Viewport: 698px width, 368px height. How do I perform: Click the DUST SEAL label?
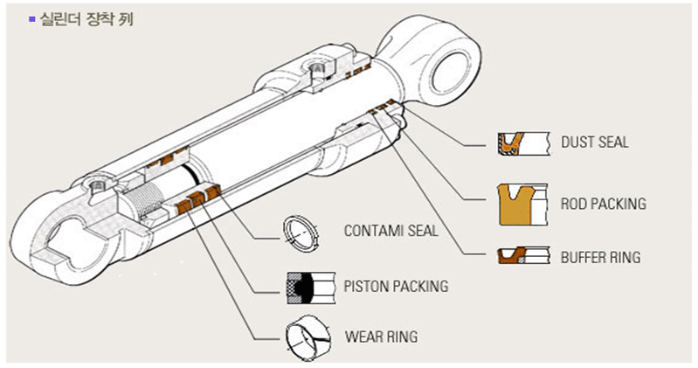tap(594, 142)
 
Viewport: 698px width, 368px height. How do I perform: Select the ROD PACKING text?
tap(603, 205)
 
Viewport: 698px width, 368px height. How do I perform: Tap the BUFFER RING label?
tap(600, 258)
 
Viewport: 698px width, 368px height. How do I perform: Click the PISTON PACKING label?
tap(396, 285)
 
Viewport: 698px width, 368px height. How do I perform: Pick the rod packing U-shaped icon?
tap(522, 204)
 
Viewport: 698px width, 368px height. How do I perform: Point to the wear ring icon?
tap(308, 337)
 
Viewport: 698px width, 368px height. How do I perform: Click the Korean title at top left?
tap(86, 17)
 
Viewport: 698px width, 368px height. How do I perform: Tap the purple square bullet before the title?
tap(32, 17)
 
